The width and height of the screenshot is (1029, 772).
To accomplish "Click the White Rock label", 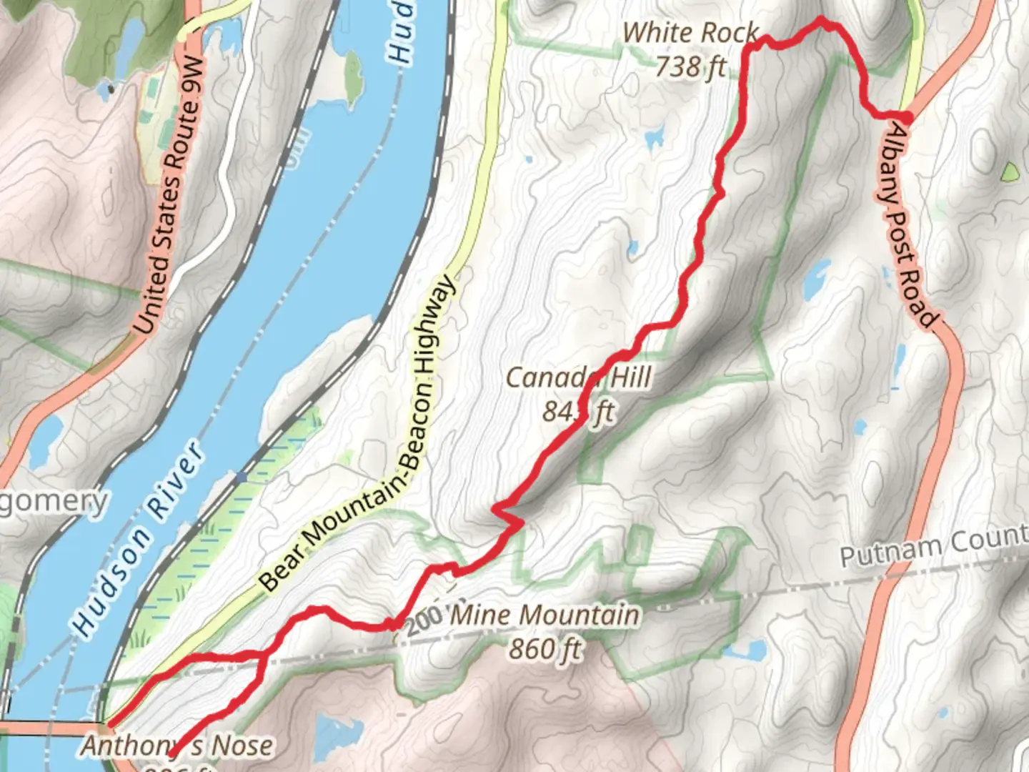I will pyautogui.click(x=690, y=33).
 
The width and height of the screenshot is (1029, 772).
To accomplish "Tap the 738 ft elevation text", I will pyautogui.click(x=690, y=66).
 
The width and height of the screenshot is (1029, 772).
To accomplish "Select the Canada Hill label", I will pyautogui.click(x=578, y=377).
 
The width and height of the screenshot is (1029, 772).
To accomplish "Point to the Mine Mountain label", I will pyautogui.click(x=545, y=615).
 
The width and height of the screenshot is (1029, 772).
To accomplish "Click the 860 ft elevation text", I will pyautogui.click(x=545, y=649).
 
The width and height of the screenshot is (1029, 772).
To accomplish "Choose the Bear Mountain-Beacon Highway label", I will pyautogui.click(x=357, y=436).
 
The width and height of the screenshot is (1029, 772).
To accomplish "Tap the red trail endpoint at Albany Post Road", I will pyautogui.click(x=906, y=117).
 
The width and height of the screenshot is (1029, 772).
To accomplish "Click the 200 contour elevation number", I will pyautogui.click(x=423, y=620).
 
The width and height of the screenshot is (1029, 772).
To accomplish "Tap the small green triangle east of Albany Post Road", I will pyautogui.click(x=1010, y=172).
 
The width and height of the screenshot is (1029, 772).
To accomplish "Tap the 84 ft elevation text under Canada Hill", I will pyautogui.click(x=578, y=412).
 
